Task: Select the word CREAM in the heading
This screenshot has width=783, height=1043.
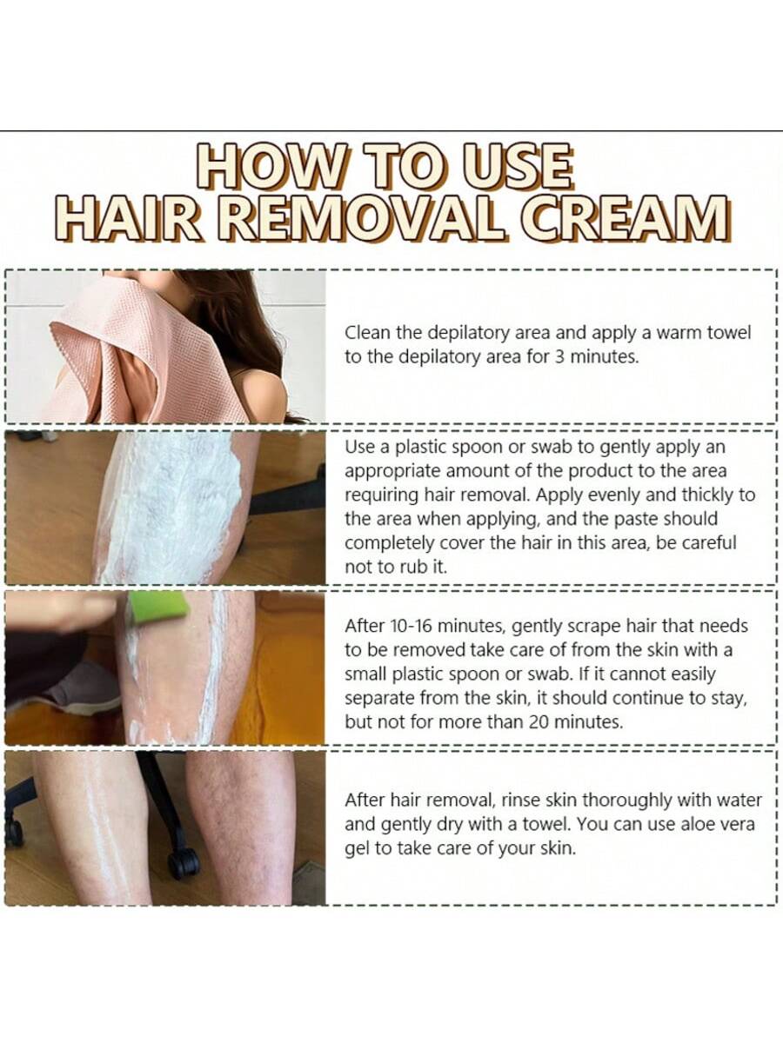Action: (x=623, y=218)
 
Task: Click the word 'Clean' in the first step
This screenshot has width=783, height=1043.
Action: (x=367, y=333)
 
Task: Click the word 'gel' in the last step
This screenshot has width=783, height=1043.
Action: (x=356, y=848)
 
